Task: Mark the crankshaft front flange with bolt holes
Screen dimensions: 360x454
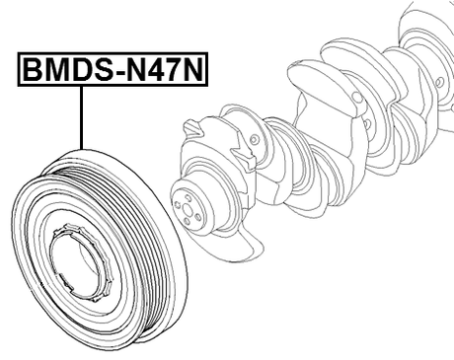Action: [189, 203]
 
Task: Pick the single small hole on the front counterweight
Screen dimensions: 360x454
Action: [255, 141]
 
